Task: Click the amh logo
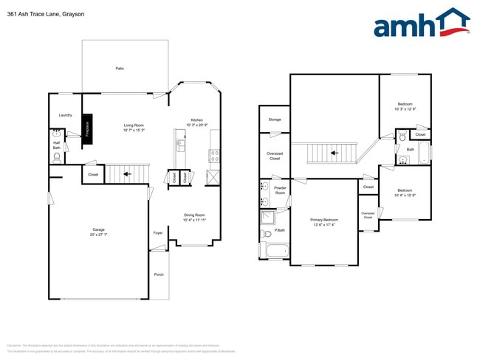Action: click(x=421, y=24)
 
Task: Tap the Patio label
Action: click(x=120, y=69)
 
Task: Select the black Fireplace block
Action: click(x=87, y=126)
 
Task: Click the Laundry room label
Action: click(x=65, y=115)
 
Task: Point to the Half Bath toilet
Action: click(x=56, y=156)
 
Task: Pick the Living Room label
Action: click(x=134, y=125)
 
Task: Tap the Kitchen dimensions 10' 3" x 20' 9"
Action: click(x=196, y=125)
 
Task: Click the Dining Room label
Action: click(x=195, y=215)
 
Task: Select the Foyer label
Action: click(x=158, y=233)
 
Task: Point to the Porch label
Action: click(x=159, y=274)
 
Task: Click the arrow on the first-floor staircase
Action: click(x=126, y=175)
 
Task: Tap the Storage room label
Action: click(x=275, y=120)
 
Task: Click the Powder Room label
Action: click(x=280, y=190)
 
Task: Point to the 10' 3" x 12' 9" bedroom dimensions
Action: click(x=405, y=109)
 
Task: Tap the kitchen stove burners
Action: click(x=213, y=156)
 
